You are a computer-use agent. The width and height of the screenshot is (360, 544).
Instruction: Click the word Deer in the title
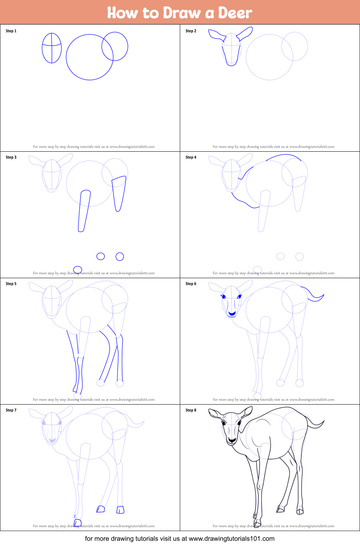click(235, 13)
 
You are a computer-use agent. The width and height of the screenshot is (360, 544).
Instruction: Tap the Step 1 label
click(11, 31)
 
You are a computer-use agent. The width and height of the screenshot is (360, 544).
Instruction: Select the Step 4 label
click(191, 157)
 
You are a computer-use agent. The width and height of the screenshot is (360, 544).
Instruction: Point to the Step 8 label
click(191, 410)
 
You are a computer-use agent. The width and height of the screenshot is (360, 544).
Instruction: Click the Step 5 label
click(11, 284)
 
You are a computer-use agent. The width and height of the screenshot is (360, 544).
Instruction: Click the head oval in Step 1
click(52, 48)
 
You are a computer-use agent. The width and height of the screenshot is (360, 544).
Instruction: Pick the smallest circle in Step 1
click(115, 46)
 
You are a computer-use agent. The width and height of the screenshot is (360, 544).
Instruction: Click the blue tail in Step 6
click(314, 295)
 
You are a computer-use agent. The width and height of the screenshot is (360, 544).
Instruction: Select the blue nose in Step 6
click(232, 314)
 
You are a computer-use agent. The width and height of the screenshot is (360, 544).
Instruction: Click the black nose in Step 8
click(232, 440)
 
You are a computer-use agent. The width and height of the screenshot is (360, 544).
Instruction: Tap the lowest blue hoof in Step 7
click(77, 523)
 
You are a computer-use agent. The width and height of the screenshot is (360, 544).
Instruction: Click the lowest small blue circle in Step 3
click(77, 269)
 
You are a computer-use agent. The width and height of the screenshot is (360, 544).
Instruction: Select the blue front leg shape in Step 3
click(84, 211)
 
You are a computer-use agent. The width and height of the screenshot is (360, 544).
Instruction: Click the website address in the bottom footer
click(231, 539)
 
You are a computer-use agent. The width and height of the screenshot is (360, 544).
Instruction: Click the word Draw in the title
click(182, 13)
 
